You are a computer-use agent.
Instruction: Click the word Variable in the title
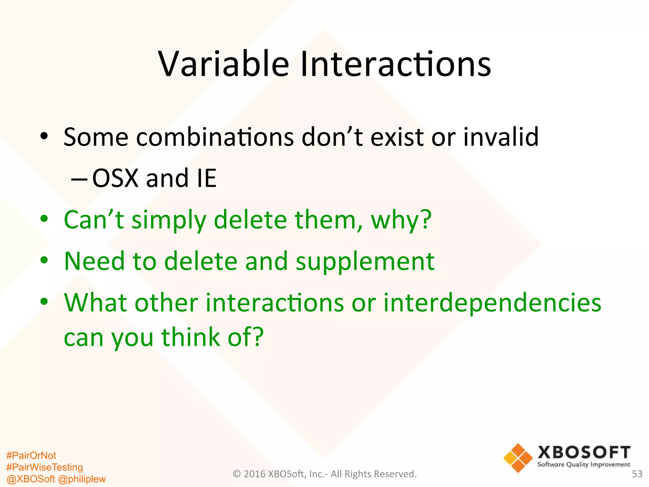[x=223, y=64]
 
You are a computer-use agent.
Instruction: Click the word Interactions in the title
[x=395, y=64]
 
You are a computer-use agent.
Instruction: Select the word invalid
[x=501, y=137]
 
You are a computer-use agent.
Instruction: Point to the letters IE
[x=207, y=178]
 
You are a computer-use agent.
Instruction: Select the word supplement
[x=365, y=262]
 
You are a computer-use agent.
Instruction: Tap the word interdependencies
[x=492, y=303]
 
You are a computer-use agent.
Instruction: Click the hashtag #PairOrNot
[x=31, y=456]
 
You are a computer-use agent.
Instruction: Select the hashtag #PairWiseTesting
[x=44, y=467]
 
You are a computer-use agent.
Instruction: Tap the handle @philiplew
[x=82, y=479]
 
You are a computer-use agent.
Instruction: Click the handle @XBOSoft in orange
[x=30, y=479]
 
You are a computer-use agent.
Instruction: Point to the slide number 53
[x=637, y=474]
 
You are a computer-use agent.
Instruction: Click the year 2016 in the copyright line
[x=255, y=474]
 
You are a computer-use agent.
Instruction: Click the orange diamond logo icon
[x=518, y=458]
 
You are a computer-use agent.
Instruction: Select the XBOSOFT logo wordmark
[x=584, y=452]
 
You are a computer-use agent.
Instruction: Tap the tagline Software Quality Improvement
[x=584, y=465]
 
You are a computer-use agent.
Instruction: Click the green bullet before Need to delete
[x=44, y=260]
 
